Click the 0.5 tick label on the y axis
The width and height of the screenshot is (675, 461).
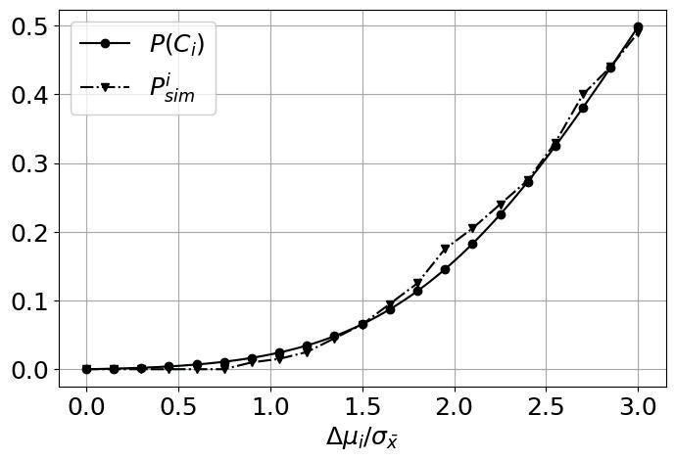(x=28, y=26)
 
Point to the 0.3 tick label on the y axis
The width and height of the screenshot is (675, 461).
(x=28, y=164)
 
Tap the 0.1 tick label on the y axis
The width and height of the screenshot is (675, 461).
(x=28, y=301)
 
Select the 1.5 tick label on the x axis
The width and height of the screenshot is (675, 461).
(x=362, y=406)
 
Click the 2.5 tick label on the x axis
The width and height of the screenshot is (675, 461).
(x=546, y=406)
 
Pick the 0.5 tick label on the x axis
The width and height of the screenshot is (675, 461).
(x=178, y=406)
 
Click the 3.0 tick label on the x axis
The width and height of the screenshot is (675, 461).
(x=638, y=406)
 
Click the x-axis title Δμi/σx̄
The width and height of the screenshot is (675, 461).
(x=362, y=438)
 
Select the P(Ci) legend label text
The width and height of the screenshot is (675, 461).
(x=177, y=44)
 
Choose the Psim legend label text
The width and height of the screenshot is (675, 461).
(x=172, y=88)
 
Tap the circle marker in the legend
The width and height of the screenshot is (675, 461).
(x=105, y=43)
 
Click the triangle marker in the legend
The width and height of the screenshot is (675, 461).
(x=105, y=88)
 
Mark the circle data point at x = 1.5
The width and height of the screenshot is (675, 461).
(x=362, y=325)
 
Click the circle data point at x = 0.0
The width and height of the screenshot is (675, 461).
(x=86, y=369)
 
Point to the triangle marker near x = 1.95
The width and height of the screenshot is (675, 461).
(x=445, y=249)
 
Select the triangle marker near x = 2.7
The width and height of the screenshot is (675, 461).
(x=583, y=94)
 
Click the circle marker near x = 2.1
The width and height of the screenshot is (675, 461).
(x=472, y=245)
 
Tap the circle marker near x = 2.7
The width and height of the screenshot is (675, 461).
(x=583, y=109)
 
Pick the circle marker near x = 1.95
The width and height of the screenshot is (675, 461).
(x=445, y=269)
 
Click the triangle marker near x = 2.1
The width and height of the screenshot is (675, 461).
(x=472, y=228)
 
